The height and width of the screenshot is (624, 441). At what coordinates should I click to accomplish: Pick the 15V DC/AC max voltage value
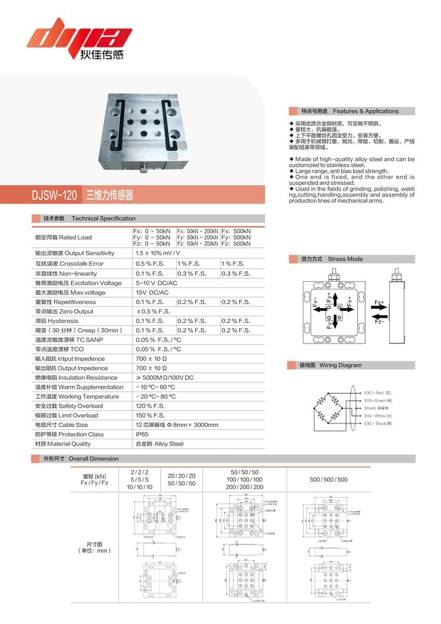pyautogui.click(x=152, y=292)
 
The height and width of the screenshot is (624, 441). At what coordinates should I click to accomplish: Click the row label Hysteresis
pyautogui.click(x=56, y=321)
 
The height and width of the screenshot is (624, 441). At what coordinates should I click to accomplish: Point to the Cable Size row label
pyautogui.click(x=61, y=425)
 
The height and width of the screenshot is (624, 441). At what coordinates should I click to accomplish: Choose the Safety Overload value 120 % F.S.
pyautogui.click(x=150, y=406)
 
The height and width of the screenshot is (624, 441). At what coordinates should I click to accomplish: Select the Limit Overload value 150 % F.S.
pyautogui.click(x=150, y=415)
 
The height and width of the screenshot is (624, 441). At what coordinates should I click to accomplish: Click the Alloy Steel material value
pyautogui.click(x=159, y=443)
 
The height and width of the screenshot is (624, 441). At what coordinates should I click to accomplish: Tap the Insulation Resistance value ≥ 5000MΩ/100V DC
pyautogui.click(x=164, y=378)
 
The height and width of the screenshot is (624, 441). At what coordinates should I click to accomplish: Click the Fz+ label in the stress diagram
pyautogui.click(x=379, y=303)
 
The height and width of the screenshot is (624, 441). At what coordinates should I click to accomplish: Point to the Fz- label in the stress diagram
pyautogui.click(x=379, y=321)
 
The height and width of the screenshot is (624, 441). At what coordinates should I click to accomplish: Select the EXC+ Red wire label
pyautogui.click(x=377, y=392)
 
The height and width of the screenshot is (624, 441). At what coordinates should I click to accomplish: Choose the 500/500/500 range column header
pyautogui.click(x=328, y=479)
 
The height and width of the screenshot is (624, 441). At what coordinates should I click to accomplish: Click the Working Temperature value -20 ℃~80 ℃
pyautogui.click(x=155, y=396)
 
